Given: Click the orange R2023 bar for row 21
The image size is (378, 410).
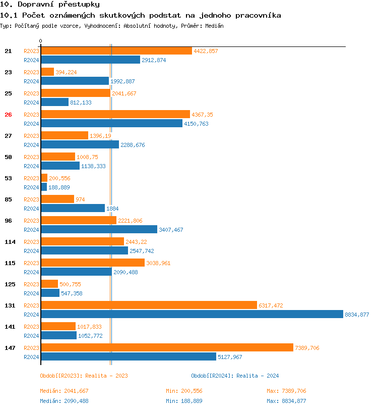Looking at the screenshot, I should [116, 51].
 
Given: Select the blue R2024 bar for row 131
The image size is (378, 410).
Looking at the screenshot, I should [192, 315].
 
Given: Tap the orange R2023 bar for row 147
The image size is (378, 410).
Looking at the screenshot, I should [166, 348].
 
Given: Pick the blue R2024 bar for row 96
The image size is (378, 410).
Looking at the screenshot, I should [99, 230].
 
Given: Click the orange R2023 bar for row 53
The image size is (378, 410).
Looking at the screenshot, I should [44, 178].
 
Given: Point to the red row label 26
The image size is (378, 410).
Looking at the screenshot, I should [8, 115].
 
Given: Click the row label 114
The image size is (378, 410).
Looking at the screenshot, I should [10, 242].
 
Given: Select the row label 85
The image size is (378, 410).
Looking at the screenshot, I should [8, 199].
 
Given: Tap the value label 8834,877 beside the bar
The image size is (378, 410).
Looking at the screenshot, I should [357, 315].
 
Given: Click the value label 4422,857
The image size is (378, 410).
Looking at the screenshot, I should [206, 51].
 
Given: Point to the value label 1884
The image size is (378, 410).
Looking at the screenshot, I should [112, 209].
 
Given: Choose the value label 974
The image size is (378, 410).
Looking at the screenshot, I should [80, 199].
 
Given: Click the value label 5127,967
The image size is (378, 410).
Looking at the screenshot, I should [230, 357].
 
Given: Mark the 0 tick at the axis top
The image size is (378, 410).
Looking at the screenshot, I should [41, 41].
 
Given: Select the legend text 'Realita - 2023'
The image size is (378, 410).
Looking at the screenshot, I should [106, 376].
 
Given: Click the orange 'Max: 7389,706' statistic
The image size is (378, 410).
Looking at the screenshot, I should [286, 391].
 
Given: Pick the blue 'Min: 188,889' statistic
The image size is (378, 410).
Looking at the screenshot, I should [184, 401].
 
